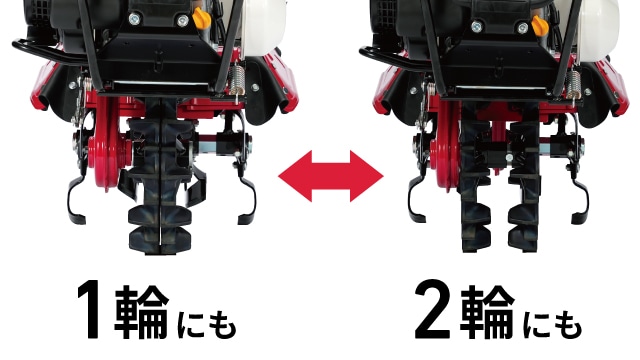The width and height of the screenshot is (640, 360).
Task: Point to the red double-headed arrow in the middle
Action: [330, 178]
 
